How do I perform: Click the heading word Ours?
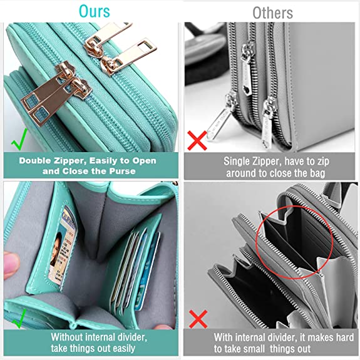pyautogui.click(x=95, y=11)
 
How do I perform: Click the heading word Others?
pyautogui.click(x=272, y=13)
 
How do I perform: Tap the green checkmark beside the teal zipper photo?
pyautogui.click(x=19, y=139)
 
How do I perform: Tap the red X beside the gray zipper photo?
pyautogui.click(x=197, y=140)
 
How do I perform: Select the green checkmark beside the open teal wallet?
pyautogui.click(x=20, y=319)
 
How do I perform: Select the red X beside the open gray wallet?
pyautogui.click(x=198, y=319)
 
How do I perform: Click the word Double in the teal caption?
pyautogui.click(x=34, y=160)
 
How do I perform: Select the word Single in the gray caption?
pyautogui.click(x=236, y=162)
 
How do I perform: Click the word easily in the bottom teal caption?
pyautogui.click(x=121, y=349)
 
